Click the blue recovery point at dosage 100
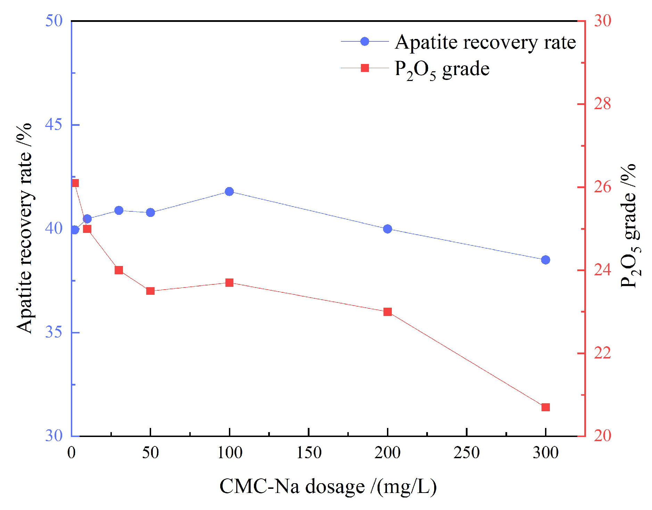[x=229, y=192]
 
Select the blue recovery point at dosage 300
[x=545, y=260]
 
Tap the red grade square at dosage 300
[x=545, y=407]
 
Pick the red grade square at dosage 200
[x=388, y=312]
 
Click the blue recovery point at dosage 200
[x=388, y=229]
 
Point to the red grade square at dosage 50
[x=150, y=291]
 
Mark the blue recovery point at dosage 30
[x=119, y=210]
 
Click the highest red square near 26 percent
[x=75, y=183]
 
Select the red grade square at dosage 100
[x=229, y=283]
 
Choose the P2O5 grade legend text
[x=442, y=69]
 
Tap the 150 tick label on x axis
[x=308, y=453]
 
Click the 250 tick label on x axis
[x=467, y=453]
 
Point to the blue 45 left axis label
[x=54, y=124]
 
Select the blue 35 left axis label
[x=54, y=332]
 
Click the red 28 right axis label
[x=602, y=104]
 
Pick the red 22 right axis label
[x=602, y=353]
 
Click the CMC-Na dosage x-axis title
[x=328, y=486]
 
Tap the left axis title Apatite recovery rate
[x=24, y=228]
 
